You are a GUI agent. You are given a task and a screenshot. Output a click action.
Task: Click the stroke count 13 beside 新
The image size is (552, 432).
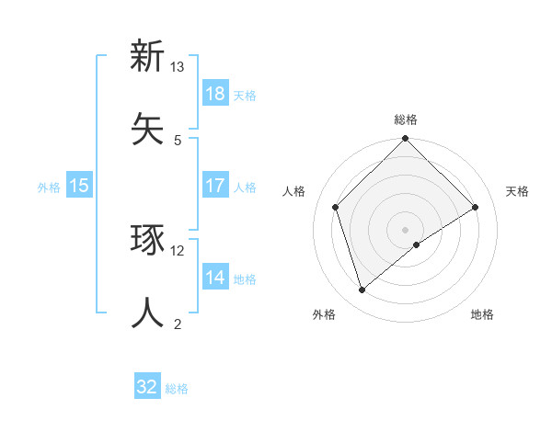point(178,68)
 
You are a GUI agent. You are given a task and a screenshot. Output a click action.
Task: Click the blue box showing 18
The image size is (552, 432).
point(214,94)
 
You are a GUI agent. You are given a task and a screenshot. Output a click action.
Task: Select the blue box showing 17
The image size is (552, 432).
point(214,186)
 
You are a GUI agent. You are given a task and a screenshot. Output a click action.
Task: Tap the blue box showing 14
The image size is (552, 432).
point(214,278)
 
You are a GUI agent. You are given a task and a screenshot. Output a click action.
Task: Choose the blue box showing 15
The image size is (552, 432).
point(79,186)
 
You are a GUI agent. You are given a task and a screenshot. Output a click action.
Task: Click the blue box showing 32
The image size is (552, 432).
point(147,387)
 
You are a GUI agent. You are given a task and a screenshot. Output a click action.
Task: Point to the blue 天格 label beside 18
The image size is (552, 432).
point(245,96)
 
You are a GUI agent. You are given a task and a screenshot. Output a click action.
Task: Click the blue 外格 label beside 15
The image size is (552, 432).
point(49,188)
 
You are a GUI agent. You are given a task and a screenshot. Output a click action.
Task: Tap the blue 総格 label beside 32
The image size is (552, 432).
point(178,389)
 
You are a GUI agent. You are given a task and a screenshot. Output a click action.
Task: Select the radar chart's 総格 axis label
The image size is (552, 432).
point(406,119)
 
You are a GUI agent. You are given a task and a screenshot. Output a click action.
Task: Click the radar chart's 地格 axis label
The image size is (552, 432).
point(482,314)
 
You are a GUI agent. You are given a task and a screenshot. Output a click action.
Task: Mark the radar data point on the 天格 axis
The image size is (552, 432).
point(476,207)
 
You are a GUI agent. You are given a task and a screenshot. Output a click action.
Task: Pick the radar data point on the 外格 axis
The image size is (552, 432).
point(362,290)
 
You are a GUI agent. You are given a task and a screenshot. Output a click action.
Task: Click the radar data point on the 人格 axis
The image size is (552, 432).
point(336,207)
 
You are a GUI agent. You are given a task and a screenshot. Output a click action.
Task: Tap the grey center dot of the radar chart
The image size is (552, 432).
point(406,229)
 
